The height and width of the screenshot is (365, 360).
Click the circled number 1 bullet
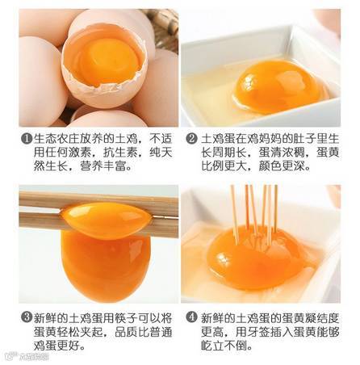point(27,139)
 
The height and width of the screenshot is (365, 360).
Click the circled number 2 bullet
point(191,139)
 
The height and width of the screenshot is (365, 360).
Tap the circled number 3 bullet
point(27,317)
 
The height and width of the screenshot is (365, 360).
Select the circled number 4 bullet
point(191,317)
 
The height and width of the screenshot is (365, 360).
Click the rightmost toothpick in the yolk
point(276,208)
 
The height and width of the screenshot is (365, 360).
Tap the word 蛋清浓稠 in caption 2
point(283,153)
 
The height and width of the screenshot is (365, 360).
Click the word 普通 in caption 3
point(161,332)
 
